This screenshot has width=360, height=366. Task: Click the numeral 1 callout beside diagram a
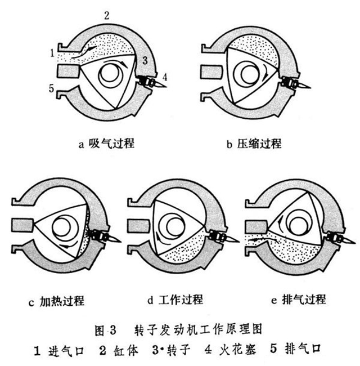pyautogui.click(x=51, y=53)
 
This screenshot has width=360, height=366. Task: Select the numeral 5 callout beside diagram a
pyautogui.click(x=51, y=88)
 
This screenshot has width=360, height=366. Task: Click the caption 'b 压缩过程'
pyautogui.click(x=254, y=144)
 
